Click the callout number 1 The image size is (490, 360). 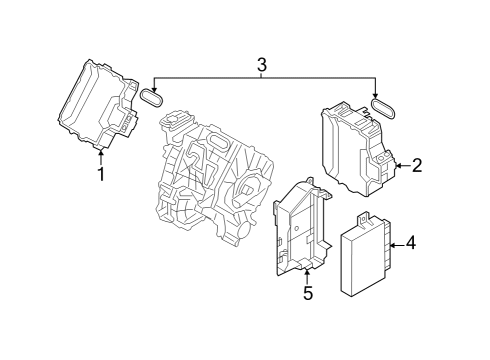(101, 174)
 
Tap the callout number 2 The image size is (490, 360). (417, 165)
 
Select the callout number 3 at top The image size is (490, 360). (262, 65)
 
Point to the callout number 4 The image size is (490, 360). (411, 242)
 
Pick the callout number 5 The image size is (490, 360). (308, 293)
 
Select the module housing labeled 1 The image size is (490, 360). (99, 105)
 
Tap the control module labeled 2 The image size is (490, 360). (357, 149)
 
